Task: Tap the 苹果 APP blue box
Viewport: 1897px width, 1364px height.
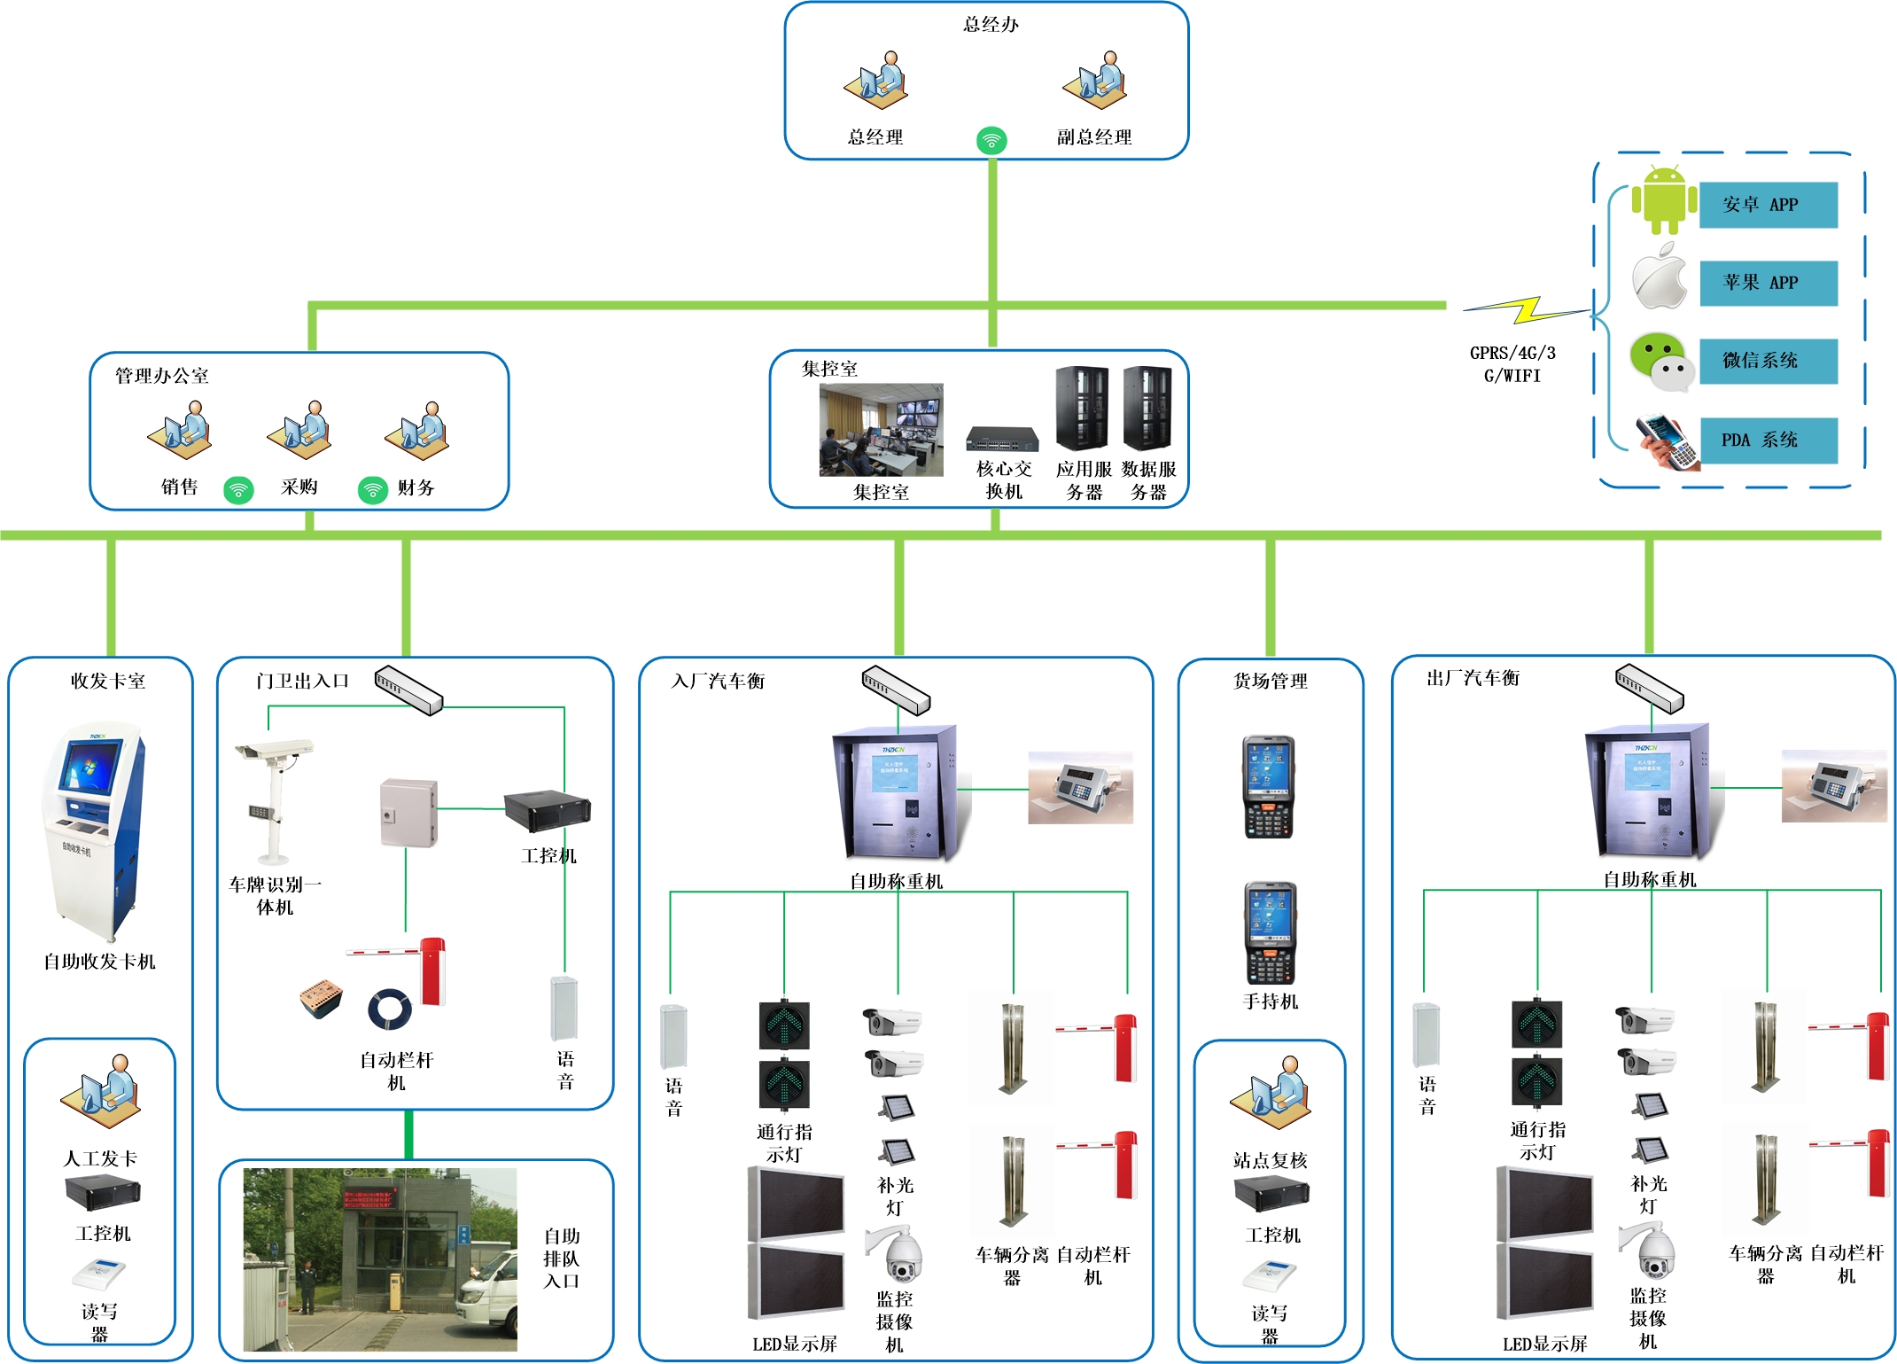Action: tap(1768, 283)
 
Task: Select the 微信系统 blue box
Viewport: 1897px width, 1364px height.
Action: tap(1768, 361)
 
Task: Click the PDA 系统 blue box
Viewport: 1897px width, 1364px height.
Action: tap(1768, 440)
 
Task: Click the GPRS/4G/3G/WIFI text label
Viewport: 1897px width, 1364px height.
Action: tap(1512, 364)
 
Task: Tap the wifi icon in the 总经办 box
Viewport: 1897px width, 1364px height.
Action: tap(991, 140)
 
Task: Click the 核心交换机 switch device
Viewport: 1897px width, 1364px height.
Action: tap(1002, 439)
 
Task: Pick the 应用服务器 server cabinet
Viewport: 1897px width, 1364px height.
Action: tap(1082, 409)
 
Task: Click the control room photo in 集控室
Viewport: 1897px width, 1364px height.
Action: tap(881, 430)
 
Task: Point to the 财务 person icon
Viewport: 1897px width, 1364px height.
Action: tap(417, 431)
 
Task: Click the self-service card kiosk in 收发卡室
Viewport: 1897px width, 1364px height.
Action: tap(92, 831)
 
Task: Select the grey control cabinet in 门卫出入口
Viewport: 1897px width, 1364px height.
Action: tap(408, 813)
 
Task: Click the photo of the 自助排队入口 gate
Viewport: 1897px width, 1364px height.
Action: tap(380, 1259)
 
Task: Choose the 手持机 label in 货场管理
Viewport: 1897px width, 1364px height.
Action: tap(1270, 1002)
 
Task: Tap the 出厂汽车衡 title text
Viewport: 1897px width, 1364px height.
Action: tap(1473, 678)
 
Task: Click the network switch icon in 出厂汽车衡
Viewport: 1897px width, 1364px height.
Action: tap(1649, 689)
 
